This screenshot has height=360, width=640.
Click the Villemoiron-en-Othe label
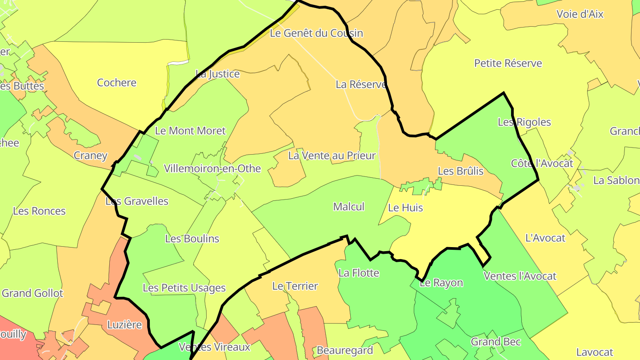point(212,169)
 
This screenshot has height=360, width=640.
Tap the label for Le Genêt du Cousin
point(316,33)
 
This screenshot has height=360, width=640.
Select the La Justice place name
point(217,74)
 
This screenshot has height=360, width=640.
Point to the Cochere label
point(116,83)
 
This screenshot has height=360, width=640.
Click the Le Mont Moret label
point(190,131)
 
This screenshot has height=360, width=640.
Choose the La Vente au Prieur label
point(332,156)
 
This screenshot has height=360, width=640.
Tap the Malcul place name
point(348,207)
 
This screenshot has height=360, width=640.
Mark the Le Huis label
point(405,208)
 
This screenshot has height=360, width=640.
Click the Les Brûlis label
point(460,171)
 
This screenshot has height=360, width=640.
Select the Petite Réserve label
point(508,63)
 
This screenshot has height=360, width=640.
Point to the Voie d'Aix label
point(580,14)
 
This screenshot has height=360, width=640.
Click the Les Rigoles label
point(524,122)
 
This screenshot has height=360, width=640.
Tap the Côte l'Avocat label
point(542,163)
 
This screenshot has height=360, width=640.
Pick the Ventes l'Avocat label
point(520,276)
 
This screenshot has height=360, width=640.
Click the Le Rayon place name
point(441,283)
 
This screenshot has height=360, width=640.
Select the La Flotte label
point(359,273)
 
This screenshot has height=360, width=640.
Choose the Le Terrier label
point(295,286)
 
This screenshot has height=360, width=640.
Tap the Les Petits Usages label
point(184,288)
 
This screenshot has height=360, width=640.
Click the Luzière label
point(124,325)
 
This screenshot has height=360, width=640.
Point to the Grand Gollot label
point(32,293)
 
